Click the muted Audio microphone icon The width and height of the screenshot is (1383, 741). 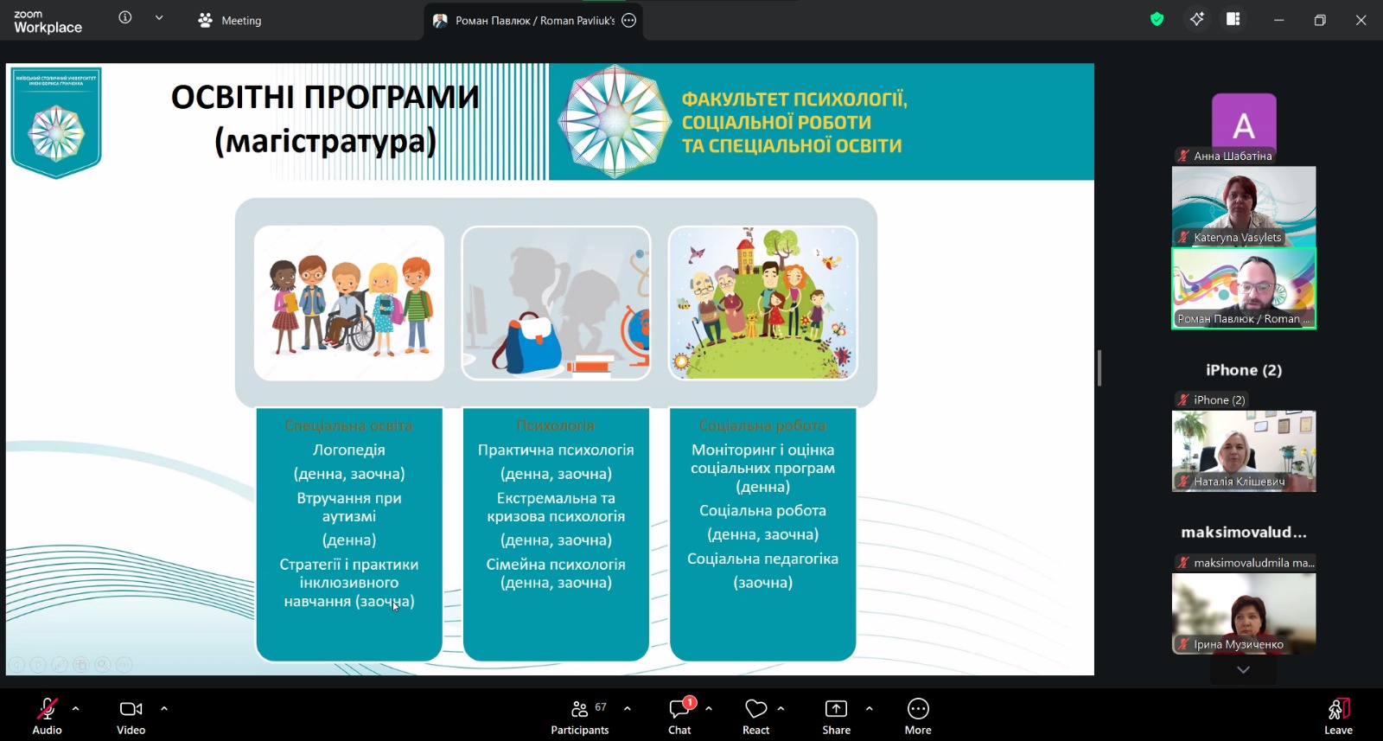click(47, 711)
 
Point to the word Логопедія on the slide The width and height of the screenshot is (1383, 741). click(349, 450)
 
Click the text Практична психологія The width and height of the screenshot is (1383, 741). click(556, 450)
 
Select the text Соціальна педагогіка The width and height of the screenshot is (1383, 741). click(762, 559)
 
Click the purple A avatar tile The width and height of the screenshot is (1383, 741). click(1244, 123)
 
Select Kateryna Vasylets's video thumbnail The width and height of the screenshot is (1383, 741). click(1244, 206)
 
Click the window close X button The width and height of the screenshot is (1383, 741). click(1361, 20)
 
